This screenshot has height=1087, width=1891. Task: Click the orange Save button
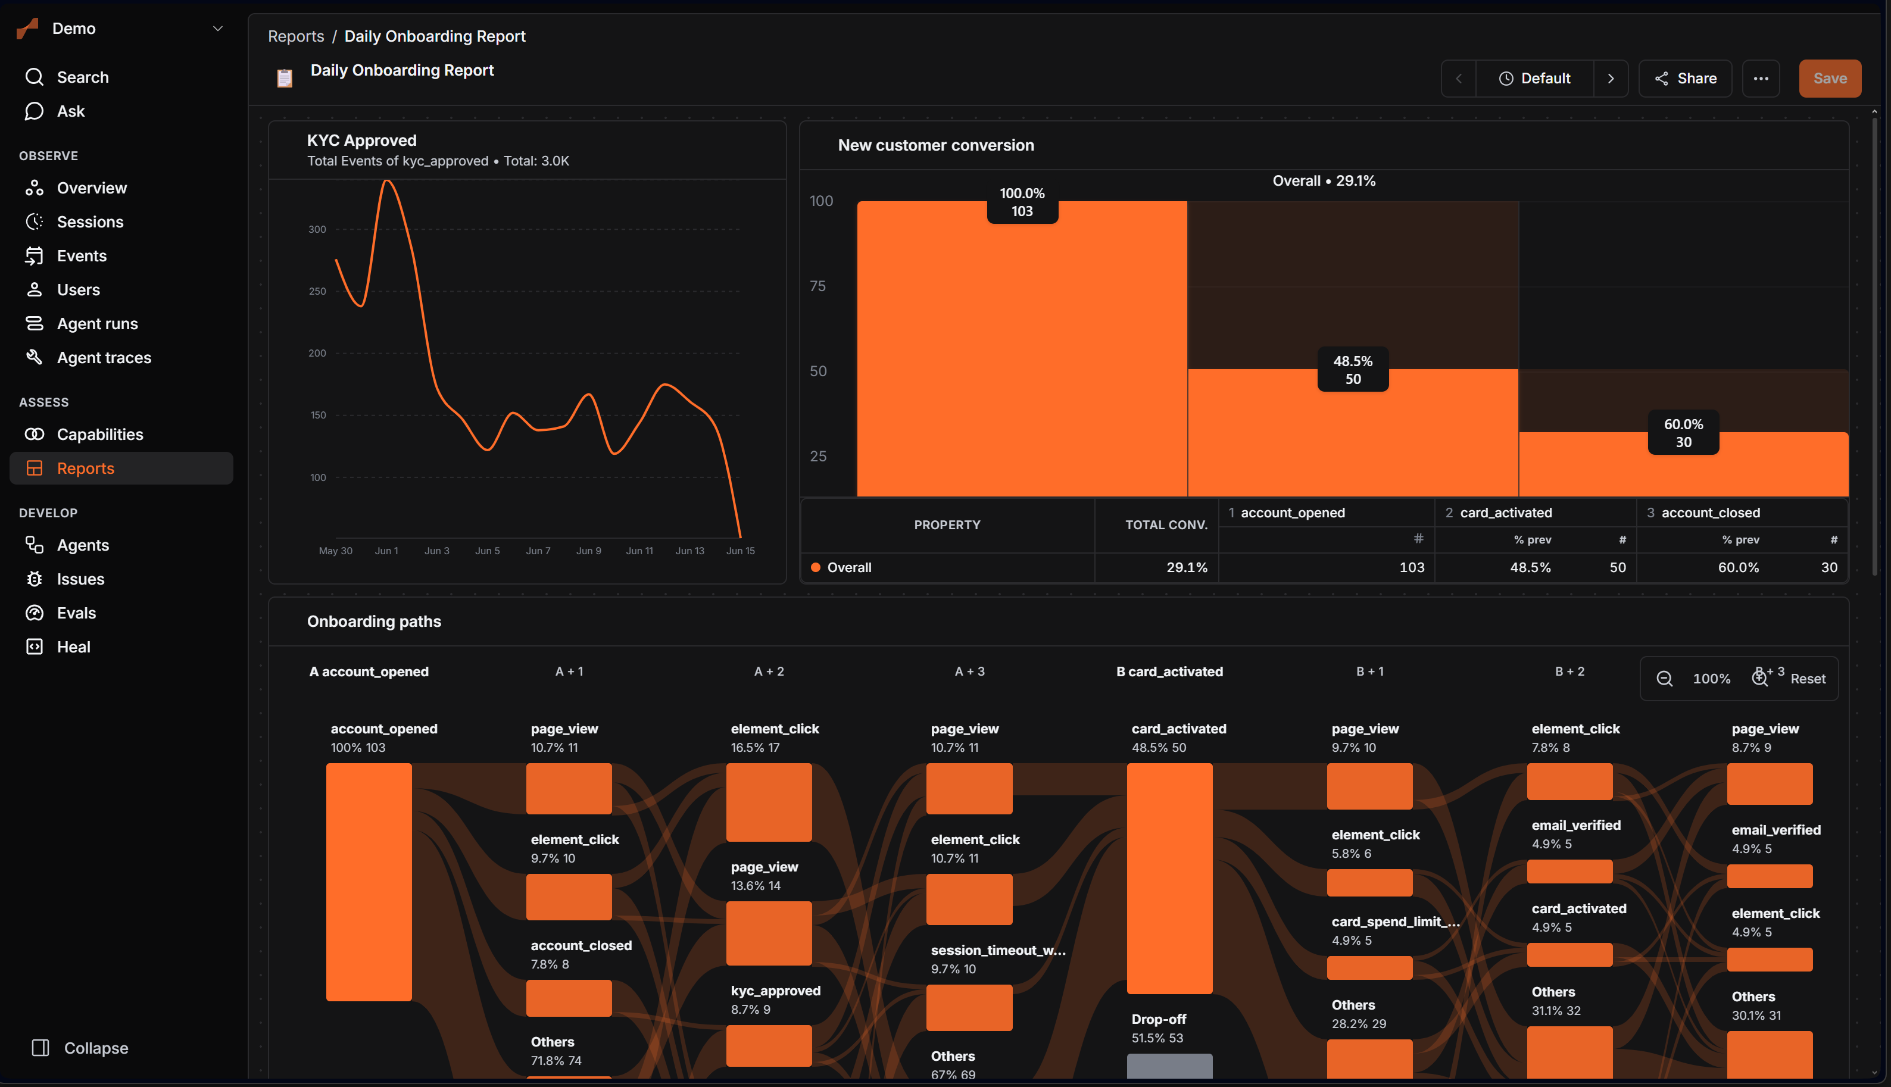(1829, 79)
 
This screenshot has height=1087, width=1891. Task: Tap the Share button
(1685, 79)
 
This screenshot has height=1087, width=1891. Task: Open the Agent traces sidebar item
(104, 358)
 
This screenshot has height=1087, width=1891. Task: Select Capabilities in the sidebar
(100, 435)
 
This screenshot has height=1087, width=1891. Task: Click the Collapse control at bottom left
(80, 1048)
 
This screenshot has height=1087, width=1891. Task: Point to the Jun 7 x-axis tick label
(538, 551)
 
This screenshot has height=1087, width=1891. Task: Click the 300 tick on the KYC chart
(317, 229)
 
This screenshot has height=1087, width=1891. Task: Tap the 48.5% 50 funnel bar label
(1353, 370)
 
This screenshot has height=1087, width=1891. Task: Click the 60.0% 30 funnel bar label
(1683, 433)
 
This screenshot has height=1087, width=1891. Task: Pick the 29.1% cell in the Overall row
(1186, 567)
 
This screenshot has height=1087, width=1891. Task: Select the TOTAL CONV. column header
(1166, 525)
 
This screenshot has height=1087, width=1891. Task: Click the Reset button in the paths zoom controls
(1808, 679)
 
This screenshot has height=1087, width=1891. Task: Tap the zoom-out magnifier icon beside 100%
(1664, 679)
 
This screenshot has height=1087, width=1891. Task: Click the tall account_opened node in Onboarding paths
(369, 882)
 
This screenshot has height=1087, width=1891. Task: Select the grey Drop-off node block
(1169, 1066)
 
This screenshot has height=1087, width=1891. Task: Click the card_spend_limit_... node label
(1395, 922)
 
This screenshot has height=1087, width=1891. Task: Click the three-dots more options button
(1761, 79)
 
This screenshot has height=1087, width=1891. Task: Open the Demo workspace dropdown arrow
(218, 29)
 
